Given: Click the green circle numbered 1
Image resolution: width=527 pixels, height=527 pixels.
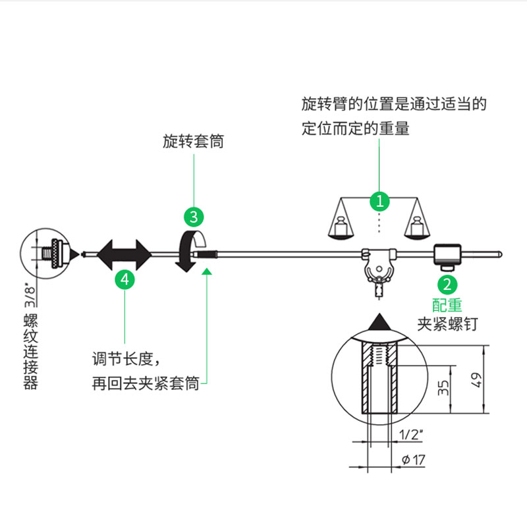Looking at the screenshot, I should (380, 199).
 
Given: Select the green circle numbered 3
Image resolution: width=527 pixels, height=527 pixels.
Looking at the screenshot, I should (193, 216).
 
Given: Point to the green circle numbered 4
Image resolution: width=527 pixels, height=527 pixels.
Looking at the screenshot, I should (125, 279).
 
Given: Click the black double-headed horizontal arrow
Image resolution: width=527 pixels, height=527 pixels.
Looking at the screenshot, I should (125, 254).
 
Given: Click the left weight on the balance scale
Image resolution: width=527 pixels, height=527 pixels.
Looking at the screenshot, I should (341, 227).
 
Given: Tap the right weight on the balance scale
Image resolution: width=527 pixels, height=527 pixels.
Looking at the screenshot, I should (417, 227).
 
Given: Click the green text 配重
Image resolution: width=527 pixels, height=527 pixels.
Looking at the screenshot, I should (447, 305).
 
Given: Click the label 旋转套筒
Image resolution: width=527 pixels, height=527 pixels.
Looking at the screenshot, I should (193, 142).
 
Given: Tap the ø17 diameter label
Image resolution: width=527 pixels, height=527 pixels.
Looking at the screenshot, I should (413, 460).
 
